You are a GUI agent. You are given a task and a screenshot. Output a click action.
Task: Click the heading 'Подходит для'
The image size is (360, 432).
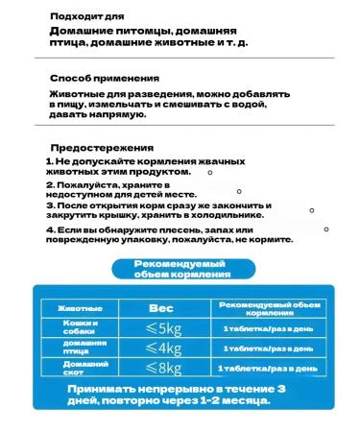[86, 17]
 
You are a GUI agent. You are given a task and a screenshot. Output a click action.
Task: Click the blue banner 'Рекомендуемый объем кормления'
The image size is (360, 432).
[182, 268]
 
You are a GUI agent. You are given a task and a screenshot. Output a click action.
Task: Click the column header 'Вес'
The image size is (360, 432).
[161, 309]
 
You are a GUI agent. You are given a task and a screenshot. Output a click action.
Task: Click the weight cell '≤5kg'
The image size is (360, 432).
[162, 328]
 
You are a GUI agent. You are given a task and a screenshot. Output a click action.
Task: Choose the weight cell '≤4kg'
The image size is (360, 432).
[162, 348]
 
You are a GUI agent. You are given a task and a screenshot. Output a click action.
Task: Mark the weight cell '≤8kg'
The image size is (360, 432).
[162, 368]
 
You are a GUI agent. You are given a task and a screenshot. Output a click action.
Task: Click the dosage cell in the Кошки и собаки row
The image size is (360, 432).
[268, 328]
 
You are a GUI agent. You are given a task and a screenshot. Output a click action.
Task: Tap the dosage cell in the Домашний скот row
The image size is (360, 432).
[268, 368]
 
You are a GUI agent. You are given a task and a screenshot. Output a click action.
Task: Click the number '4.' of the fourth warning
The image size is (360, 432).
[49, 231]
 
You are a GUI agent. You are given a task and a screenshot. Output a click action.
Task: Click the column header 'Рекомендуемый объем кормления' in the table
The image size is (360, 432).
[268, 308]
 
